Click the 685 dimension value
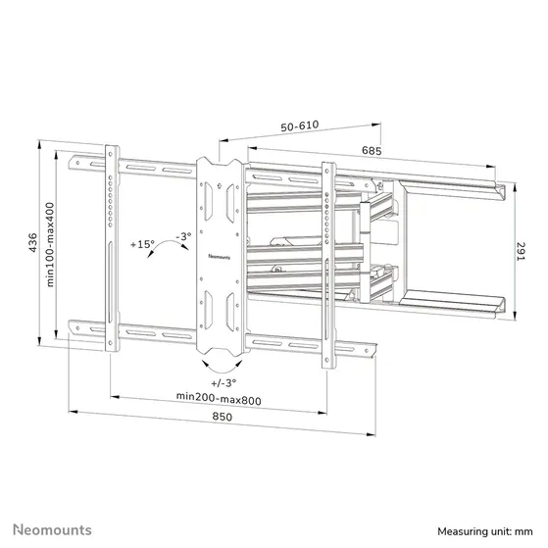click(371, 151)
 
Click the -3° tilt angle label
click(183, 235)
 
